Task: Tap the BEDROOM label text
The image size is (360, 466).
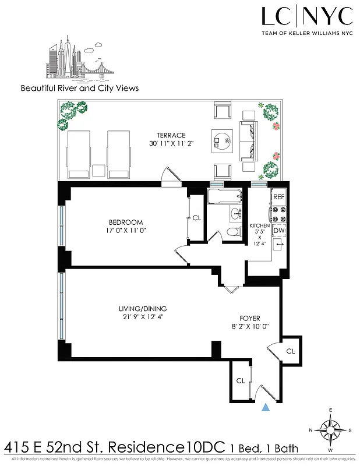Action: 126,222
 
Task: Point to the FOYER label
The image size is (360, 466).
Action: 250,318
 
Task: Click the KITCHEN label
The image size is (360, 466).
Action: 259,225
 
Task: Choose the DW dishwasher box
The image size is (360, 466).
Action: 278,231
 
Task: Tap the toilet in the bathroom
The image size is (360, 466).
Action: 233,232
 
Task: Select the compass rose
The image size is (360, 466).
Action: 331,432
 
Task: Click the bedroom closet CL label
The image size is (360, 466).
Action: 196,218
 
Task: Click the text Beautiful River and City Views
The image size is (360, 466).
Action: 80,89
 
